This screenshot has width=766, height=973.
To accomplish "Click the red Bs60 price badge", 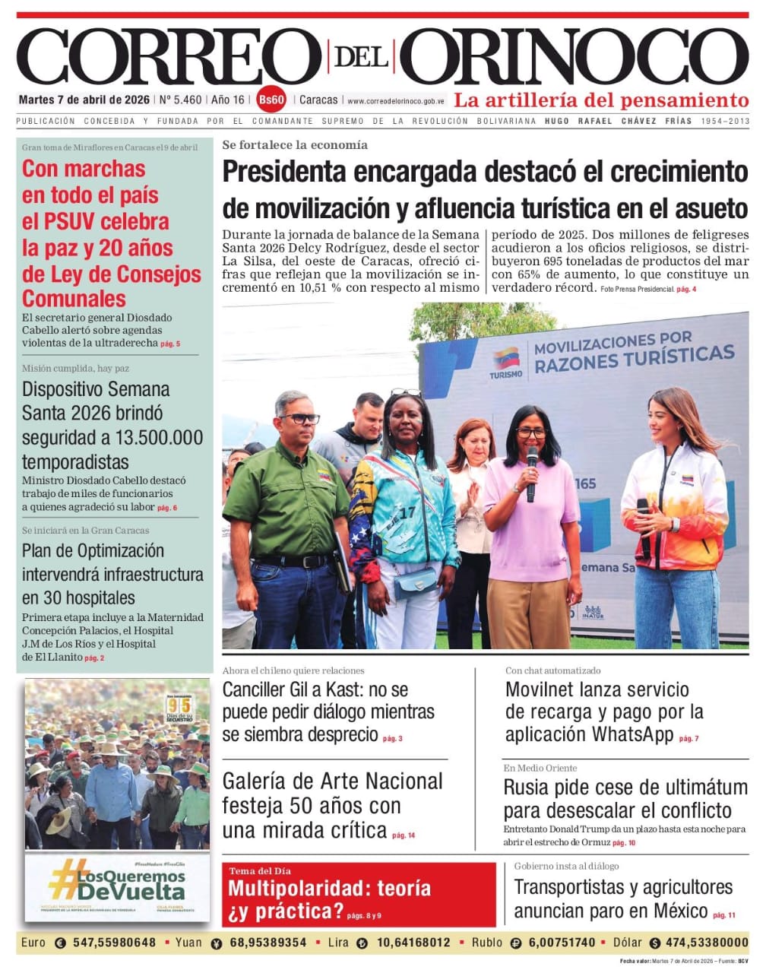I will tap(271, 100).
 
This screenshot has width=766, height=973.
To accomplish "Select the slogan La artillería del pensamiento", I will tap(601, 100).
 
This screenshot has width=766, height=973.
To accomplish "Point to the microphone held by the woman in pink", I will tap(531, 472).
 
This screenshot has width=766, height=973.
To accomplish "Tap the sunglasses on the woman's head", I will tap(406, 393).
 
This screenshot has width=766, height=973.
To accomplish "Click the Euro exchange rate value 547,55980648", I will tap(114, 943).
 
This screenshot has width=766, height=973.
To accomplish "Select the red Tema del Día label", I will tap(260, 871).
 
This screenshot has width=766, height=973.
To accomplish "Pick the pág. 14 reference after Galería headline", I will tap(404, 835).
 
